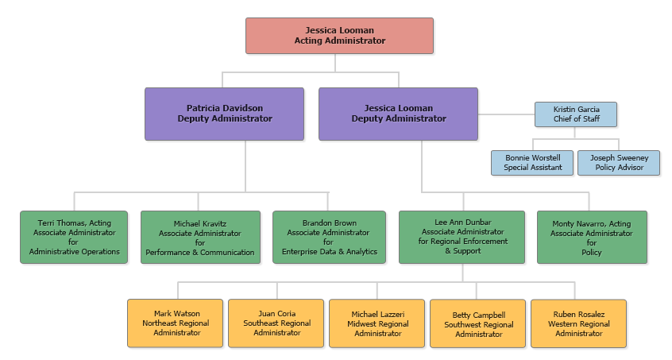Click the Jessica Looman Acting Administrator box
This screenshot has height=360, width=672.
(x=339, y=36)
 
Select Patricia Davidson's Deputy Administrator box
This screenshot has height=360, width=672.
(x=224, y=114)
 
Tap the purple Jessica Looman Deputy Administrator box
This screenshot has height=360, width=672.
(x=398, y=114)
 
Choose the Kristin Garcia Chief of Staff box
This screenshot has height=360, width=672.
(x=575, y=114)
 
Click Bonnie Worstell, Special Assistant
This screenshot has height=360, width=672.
(x=532, y=163)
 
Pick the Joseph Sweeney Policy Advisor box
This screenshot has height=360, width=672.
(x=618, y=163)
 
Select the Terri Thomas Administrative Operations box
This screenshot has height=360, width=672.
(x=74, y=237)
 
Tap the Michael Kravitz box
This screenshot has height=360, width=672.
(x=200, y=238)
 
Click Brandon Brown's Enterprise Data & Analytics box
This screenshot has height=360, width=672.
(x=329, y=237)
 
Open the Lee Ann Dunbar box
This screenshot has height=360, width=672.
(x=462, y=237)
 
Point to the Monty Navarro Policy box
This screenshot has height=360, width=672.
(x=592, y=237)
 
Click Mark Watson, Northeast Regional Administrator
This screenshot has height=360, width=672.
(x=176, y=323)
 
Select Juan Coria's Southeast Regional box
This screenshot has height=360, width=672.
(x=276, y=323)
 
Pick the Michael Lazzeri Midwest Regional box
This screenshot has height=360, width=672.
(x=377, y=323)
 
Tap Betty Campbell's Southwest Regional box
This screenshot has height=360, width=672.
(x=478, y=323)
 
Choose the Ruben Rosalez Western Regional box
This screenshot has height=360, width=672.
(x=578, y=323)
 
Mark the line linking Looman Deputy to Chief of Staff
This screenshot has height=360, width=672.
(x=505, y=114)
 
